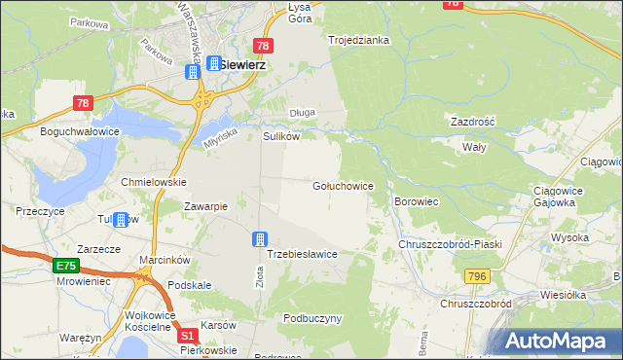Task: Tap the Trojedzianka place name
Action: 358,40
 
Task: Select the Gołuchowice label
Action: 343,184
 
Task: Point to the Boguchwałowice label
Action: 79,130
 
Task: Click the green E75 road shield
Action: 65,265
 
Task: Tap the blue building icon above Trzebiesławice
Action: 260,238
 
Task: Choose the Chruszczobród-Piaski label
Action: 450,244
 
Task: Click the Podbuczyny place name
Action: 312,318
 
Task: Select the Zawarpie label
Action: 205,206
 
